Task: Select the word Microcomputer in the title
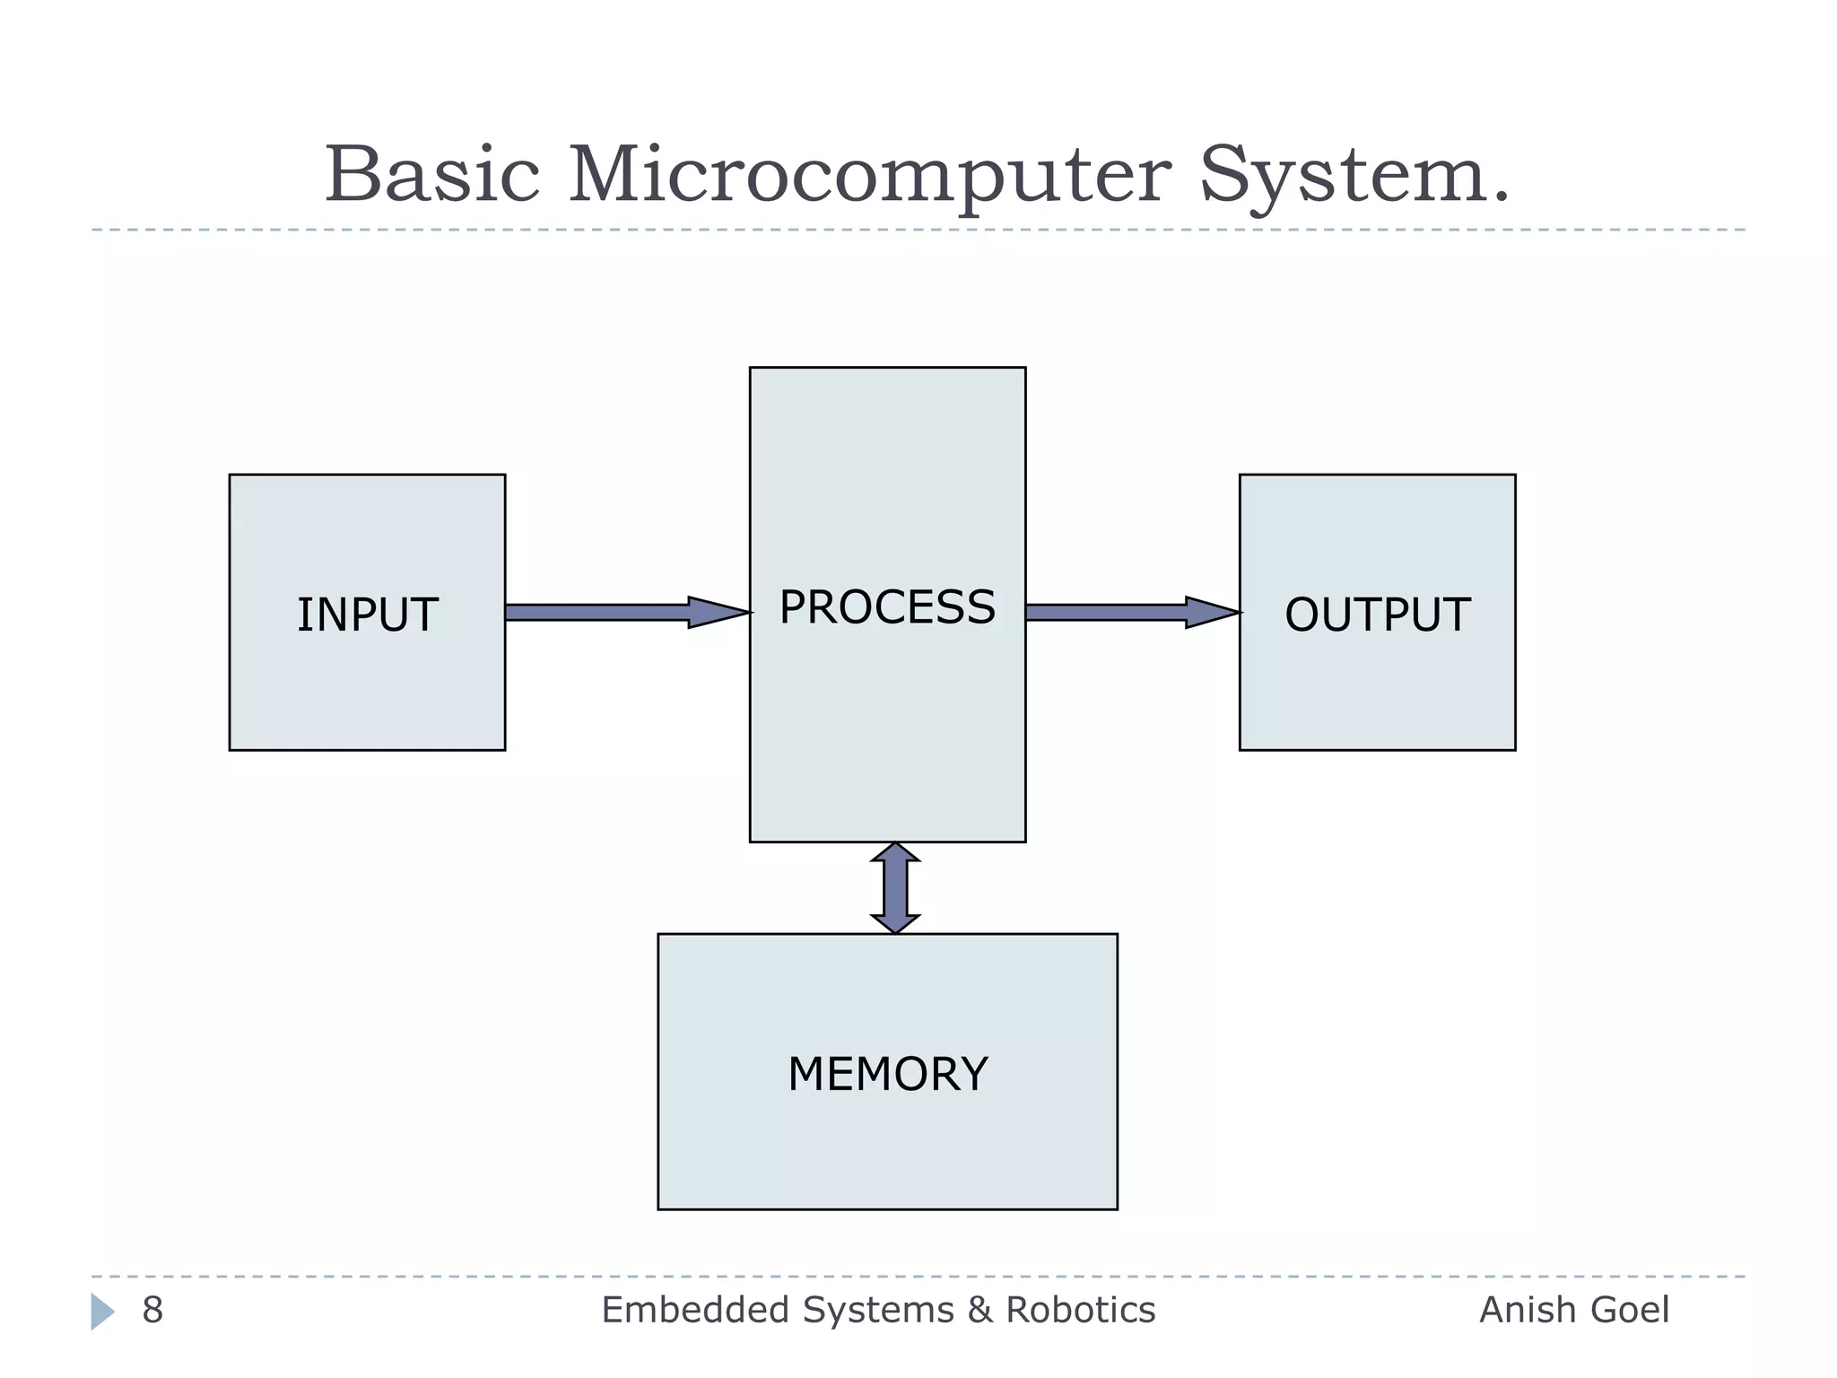pos(869,176)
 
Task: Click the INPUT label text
pos(367,615)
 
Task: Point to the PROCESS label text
pos(887,607)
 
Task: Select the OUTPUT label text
pos(1377,615)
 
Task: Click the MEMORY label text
pos(887,1074)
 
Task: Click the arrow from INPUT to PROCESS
pos(610,613)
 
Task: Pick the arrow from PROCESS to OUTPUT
pos(1112,613)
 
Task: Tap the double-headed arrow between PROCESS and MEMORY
pos(895,888)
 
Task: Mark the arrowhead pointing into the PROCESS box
pos(718,613)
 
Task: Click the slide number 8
pos(152,1311)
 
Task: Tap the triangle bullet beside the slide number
pos(102,1312)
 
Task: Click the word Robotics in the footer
pos(1080,1311)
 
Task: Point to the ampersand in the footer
pos(980,1311)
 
